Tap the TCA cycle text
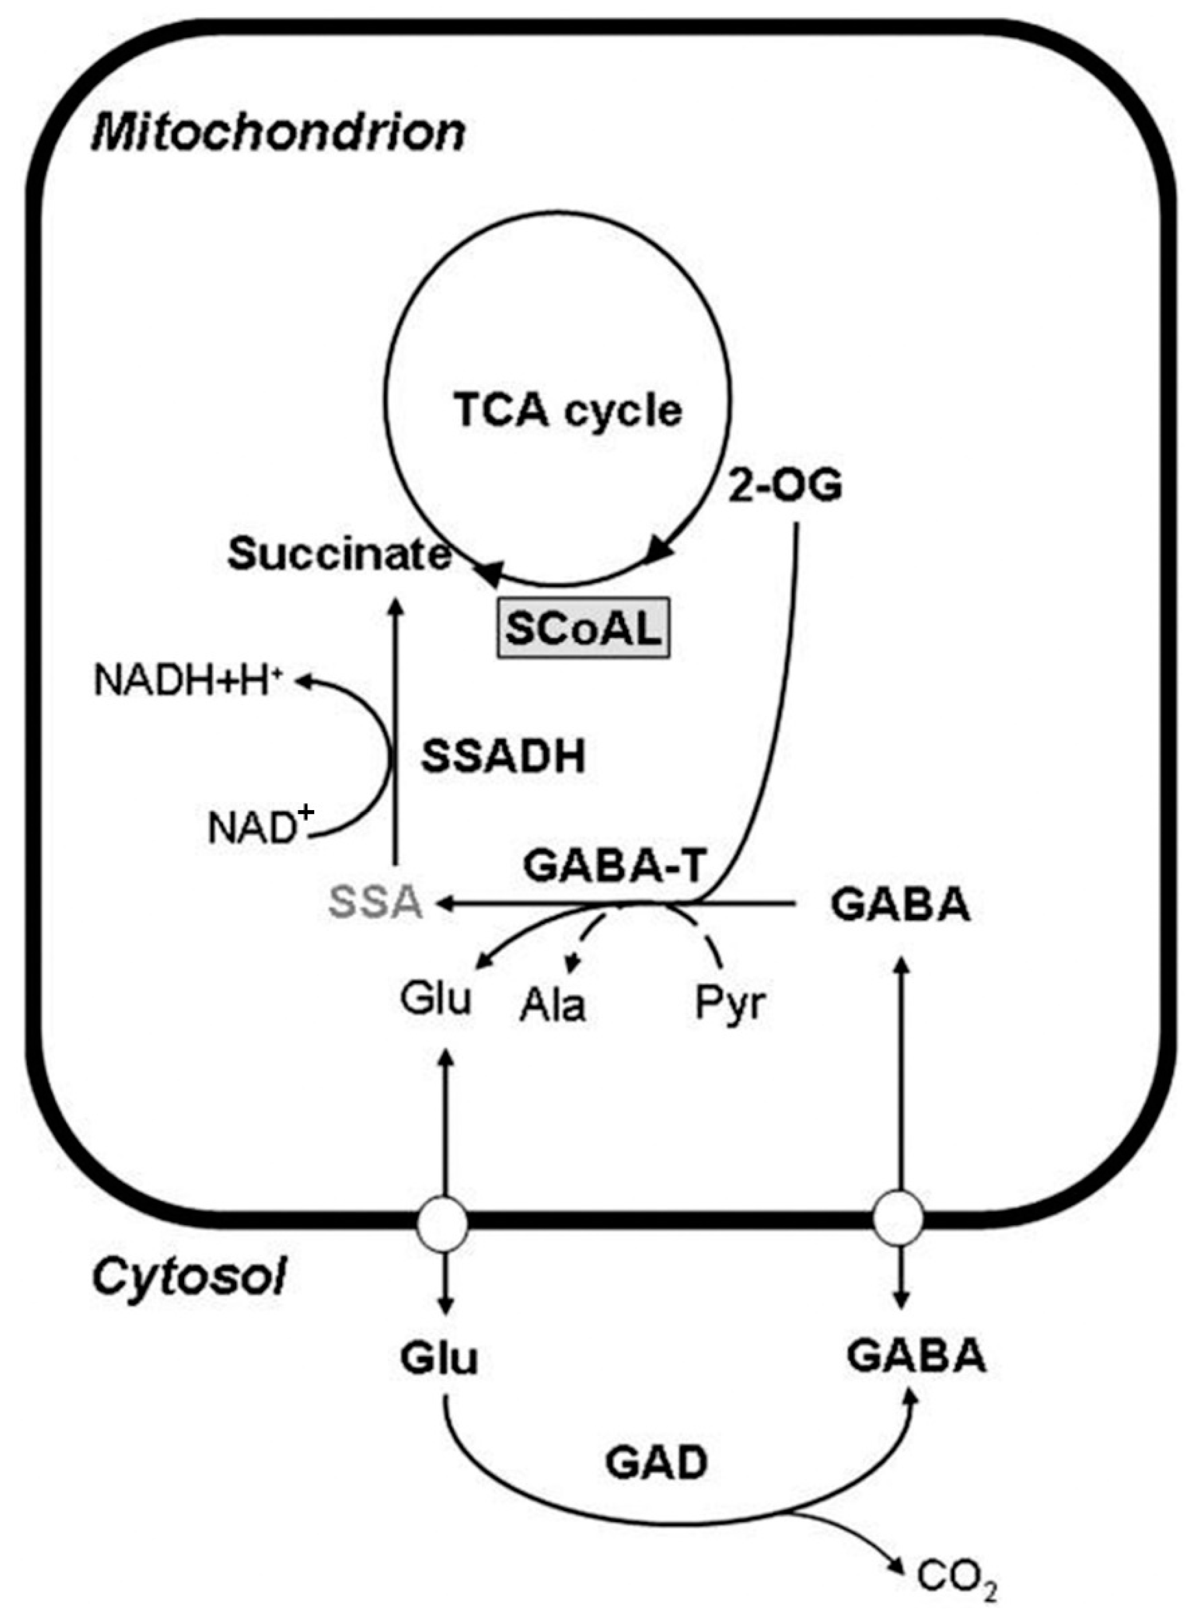tap(568, 412)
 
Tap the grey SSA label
tap(376, 904)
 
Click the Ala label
tap(553, 1006)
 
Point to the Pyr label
tap(730, 1004)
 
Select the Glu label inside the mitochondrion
tap(436, 999)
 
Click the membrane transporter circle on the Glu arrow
tap(443, 1224)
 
